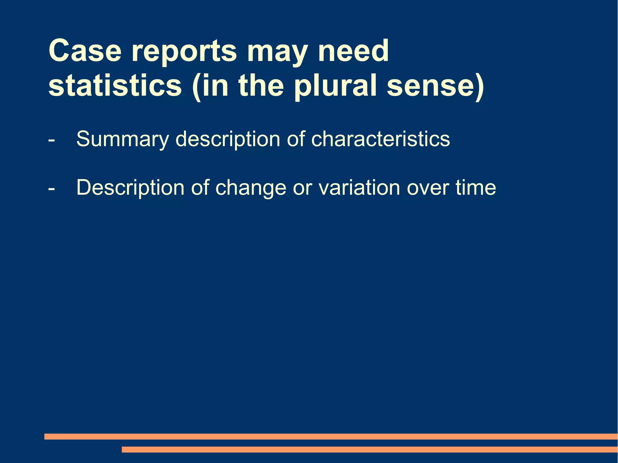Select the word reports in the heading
184,52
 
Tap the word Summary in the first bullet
122,139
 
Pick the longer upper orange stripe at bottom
331,436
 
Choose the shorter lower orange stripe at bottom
369,450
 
